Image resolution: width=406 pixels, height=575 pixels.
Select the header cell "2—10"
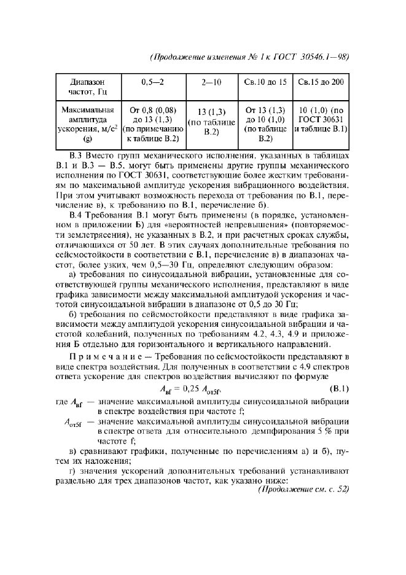click(211, 81)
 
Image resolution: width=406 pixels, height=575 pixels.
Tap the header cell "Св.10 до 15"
click(265, 81)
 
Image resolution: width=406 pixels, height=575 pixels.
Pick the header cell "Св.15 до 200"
click(321, 81)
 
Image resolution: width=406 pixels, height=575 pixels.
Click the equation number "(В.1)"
click(335, 389)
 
